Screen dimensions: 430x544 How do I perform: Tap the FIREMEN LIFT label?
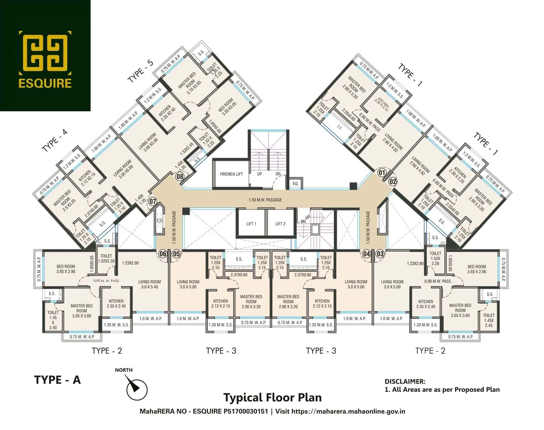(231, 174)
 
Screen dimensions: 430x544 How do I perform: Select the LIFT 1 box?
(251, 224)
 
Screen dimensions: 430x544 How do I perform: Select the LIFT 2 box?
(280, 224)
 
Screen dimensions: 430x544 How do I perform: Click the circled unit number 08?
(180, 176)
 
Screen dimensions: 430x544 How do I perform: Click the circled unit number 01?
(382, 173)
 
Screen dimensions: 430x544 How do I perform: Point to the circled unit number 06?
(163, 254)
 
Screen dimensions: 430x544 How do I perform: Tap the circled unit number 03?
(380, 254)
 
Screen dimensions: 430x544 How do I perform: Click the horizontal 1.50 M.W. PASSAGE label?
(265, 200)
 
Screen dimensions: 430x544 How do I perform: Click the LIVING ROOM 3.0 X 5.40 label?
(149, 285)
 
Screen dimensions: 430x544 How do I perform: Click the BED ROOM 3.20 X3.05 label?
(228, 107)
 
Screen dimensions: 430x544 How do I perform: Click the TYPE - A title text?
(57, 380)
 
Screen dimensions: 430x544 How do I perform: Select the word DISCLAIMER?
(405, 381)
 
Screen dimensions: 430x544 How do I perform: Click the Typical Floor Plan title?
(272, 397)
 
